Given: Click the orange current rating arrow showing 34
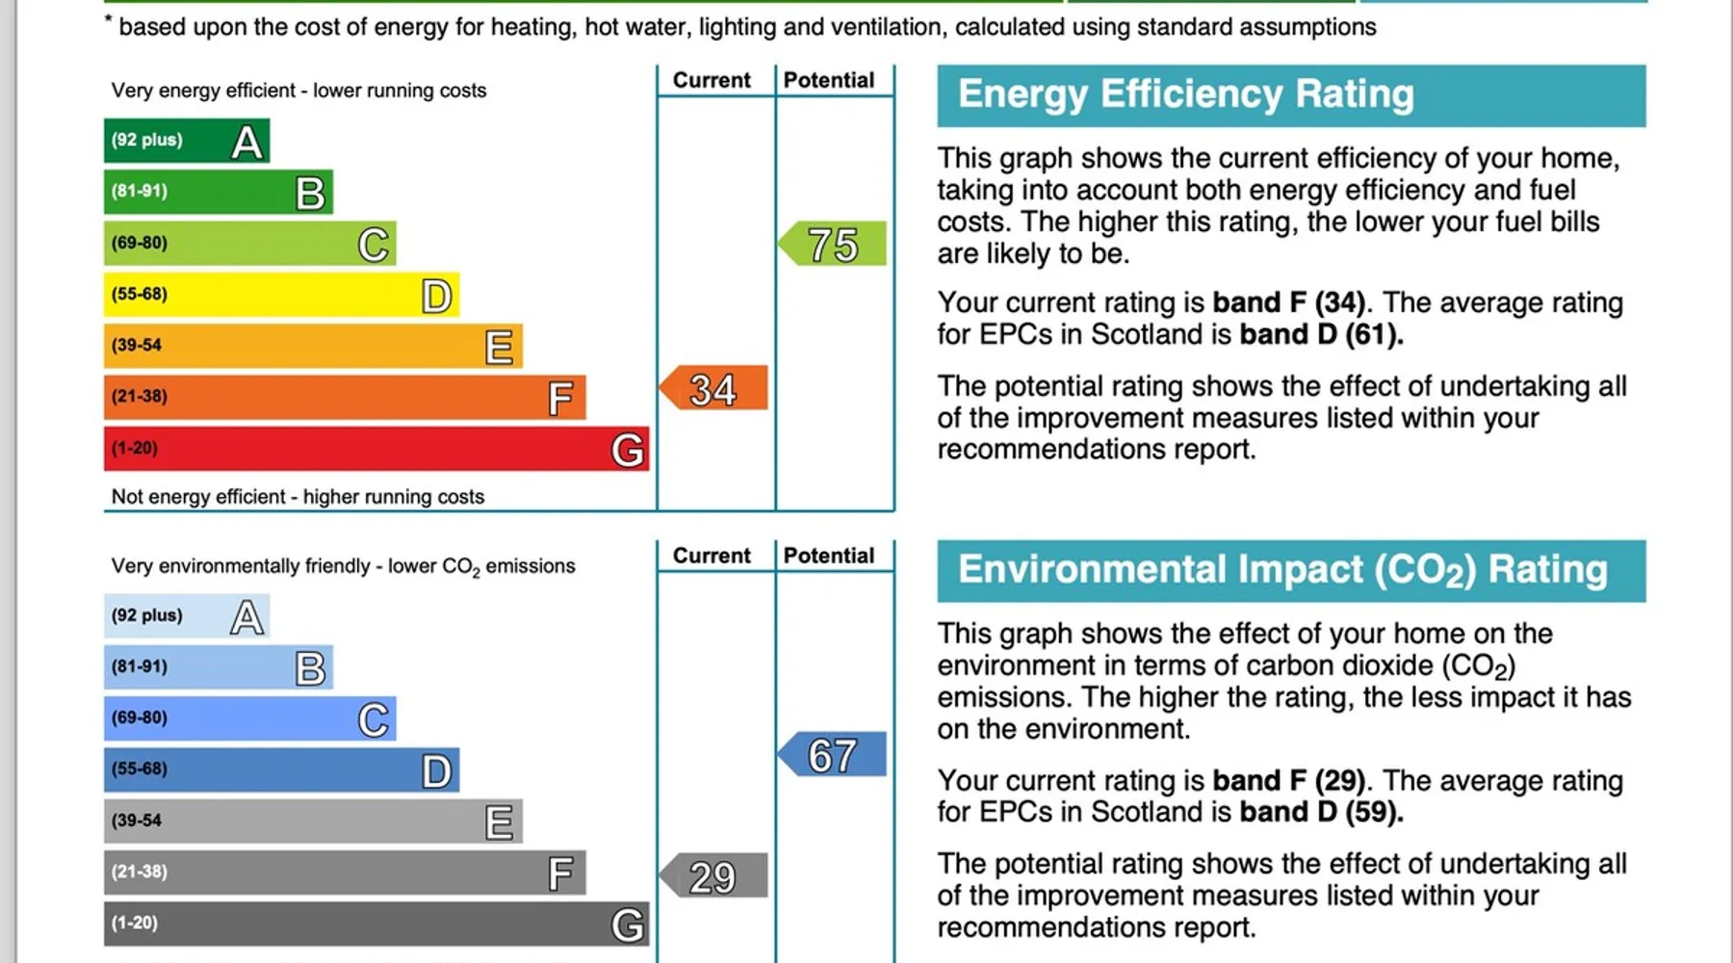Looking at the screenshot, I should pos(713,388).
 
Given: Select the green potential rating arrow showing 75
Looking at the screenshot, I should pos(833,244).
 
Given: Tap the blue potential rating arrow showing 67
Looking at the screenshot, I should pos(833,754).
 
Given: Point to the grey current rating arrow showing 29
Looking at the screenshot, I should pos(713,875).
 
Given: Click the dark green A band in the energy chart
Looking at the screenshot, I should pos(187,141).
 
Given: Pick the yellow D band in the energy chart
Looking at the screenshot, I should pos(281,295).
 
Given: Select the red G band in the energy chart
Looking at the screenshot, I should pos(376,449).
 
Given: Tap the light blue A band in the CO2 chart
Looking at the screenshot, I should pos(187,616).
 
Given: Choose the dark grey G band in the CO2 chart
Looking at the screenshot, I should pos(376,924).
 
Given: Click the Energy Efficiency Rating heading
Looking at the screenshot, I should pos(1185,94).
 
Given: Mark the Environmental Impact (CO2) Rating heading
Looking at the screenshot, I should pos(1282,570).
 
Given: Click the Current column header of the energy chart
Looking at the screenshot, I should pos(711,81).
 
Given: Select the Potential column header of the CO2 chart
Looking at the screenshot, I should pos(829,556).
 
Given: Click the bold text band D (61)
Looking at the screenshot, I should pos(1321,334).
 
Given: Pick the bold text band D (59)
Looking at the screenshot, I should pos(1321,812).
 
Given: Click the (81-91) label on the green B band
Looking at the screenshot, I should pos(140,191).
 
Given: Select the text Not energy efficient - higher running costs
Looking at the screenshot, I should pos(297,497).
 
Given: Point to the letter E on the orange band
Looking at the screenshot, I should pos(499,347).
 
